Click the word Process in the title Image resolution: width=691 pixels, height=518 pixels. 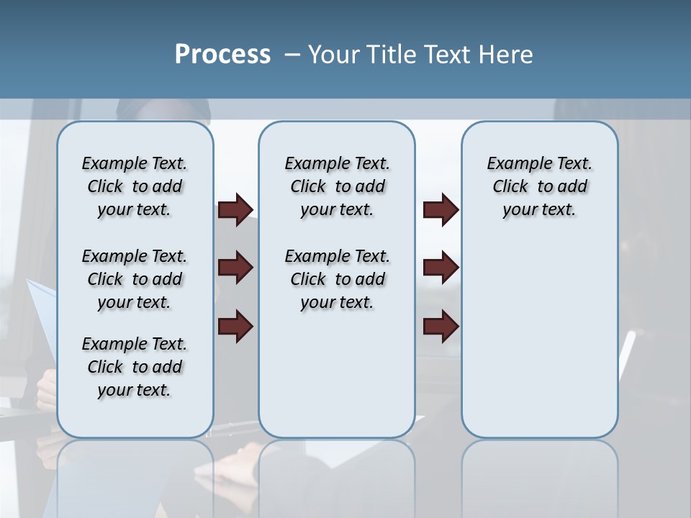(222, 55)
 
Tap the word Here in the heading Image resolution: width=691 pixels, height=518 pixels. (506, 55)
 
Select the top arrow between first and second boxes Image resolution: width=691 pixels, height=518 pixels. (235, 210)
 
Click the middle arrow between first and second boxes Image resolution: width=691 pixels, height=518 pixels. (235, 268)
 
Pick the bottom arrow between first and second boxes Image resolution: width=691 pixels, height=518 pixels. (235, 327)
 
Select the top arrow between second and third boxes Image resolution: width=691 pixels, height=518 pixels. (441, 210)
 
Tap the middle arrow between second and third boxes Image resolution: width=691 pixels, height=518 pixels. (441, 268)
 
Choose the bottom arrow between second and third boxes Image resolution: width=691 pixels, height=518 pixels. (441, 327)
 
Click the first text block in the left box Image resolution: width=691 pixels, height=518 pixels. (135, 186)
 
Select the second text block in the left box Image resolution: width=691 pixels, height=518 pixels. (135, 279)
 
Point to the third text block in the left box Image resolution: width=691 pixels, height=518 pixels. (135, 367)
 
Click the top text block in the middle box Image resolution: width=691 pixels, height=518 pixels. (337, 186)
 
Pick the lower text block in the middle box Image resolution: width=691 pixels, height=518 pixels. (337, 279)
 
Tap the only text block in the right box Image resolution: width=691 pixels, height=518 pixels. (540, 186)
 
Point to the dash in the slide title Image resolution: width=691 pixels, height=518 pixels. (292, 55)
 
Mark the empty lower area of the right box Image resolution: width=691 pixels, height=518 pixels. (540, 338)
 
